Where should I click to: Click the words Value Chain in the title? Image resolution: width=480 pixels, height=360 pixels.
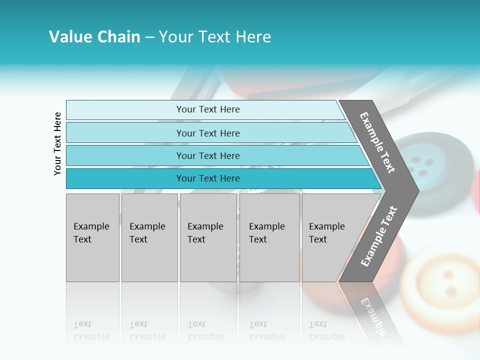pos(94,37)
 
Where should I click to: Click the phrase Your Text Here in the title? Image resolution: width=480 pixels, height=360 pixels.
pos(215,37)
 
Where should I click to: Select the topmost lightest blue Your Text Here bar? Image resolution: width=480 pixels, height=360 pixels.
pos(207,109)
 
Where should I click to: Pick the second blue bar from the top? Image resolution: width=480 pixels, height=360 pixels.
pos(207,133)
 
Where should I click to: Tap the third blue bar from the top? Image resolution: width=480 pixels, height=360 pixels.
pos(207,155)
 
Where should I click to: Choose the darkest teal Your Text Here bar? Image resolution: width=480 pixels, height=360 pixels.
pos(207,178)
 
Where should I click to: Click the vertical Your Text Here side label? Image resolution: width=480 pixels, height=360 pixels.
pos(58,143)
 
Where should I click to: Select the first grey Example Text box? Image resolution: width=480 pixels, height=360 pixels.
pos(92,237)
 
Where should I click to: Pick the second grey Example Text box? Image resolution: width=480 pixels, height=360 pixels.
pos(149,237)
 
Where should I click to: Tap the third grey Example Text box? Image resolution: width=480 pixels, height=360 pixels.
pos(207,237)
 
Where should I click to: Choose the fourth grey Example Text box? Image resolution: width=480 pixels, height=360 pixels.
pos(269,237)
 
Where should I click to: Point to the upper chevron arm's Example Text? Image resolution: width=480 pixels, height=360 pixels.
pos(377,142)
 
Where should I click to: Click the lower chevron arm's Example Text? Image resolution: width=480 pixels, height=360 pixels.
pos(379,236)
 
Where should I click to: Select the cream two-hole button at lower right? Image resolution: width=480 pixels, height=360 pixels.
pos(445,285)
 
